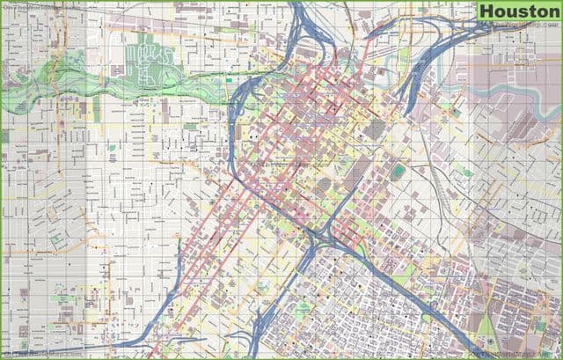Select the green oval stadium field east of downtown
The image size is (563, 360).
pyautogui.click(x=399, y=170)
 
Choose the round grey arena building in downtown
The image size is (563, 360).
pyautogui.click(x=324, y=183)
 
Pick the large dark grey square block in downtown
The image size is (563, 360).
pyautogui.click(x=376, y=129)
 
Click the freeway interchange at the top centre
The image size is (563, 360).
pyautogui.click(x=308, y=35)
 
